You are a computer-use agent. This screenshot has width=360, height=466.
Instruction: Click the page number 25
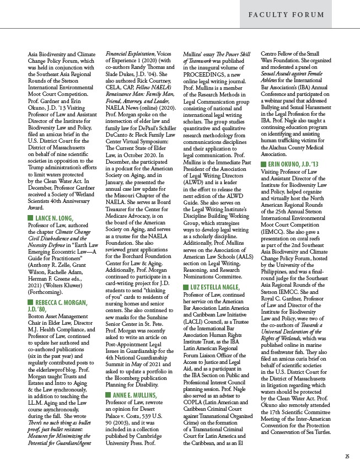tap(347, 456)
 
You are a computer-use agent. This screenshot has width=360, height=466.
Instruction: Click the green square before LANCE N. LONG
tap(30, 234)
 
